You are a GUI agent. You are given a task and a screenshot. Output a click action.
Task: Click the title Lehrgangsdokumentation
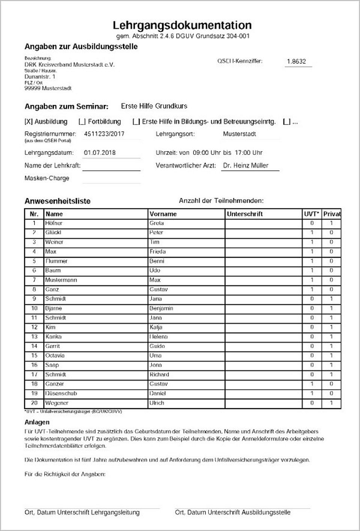(182, 25)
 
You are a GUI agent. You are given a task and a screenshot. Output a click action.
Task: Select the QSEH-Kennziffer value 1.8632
(296, 61)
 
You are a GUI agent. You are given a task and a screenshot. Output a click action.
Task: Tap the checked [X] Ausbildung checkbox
(28, 122)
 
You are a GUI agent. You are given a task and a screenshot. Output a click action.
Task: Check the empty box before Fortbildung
(82, 122)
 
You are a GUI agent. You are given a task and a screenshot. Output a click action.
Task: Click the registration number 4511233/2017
(104, 134)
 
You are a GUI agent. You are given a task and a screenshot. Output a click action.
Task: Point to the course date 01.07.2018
(100, 153)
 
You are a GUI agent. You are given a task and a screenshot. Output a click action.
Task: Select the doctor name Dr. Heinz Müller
(246, 165)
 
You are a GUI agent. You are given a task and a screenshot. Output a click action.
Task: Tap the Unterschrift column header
(244, 214)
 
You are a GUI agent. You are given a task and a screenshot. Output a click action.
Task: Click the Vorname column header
(163, 214)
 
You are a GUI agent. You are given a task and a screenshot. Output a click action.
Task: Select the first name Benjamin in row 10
(161, 308)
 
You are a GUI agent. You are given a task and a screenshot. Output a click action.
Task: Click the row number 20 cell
(34, 403)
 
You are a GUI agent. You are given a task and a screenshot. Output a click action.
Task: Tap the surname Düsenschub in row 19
(61, 393)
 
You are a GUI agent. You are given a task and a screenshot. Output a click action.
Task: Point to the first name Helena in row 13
(159, 337)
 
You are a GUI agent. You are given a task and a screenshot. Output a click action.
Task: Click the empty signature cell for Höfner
(263, 223)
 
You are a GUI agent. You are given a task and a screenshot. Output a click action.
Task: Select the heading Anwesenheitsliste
(57, 201)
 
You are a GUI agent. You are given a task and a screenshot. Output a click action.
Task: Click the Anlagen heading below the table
(37, 422)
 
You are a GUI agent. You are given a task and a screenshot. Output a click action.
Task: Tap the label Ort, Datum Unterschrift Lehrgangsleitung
(82, 512)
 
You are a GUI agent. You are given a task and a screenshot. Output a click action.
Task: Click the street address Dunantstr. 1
(40, 76)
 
